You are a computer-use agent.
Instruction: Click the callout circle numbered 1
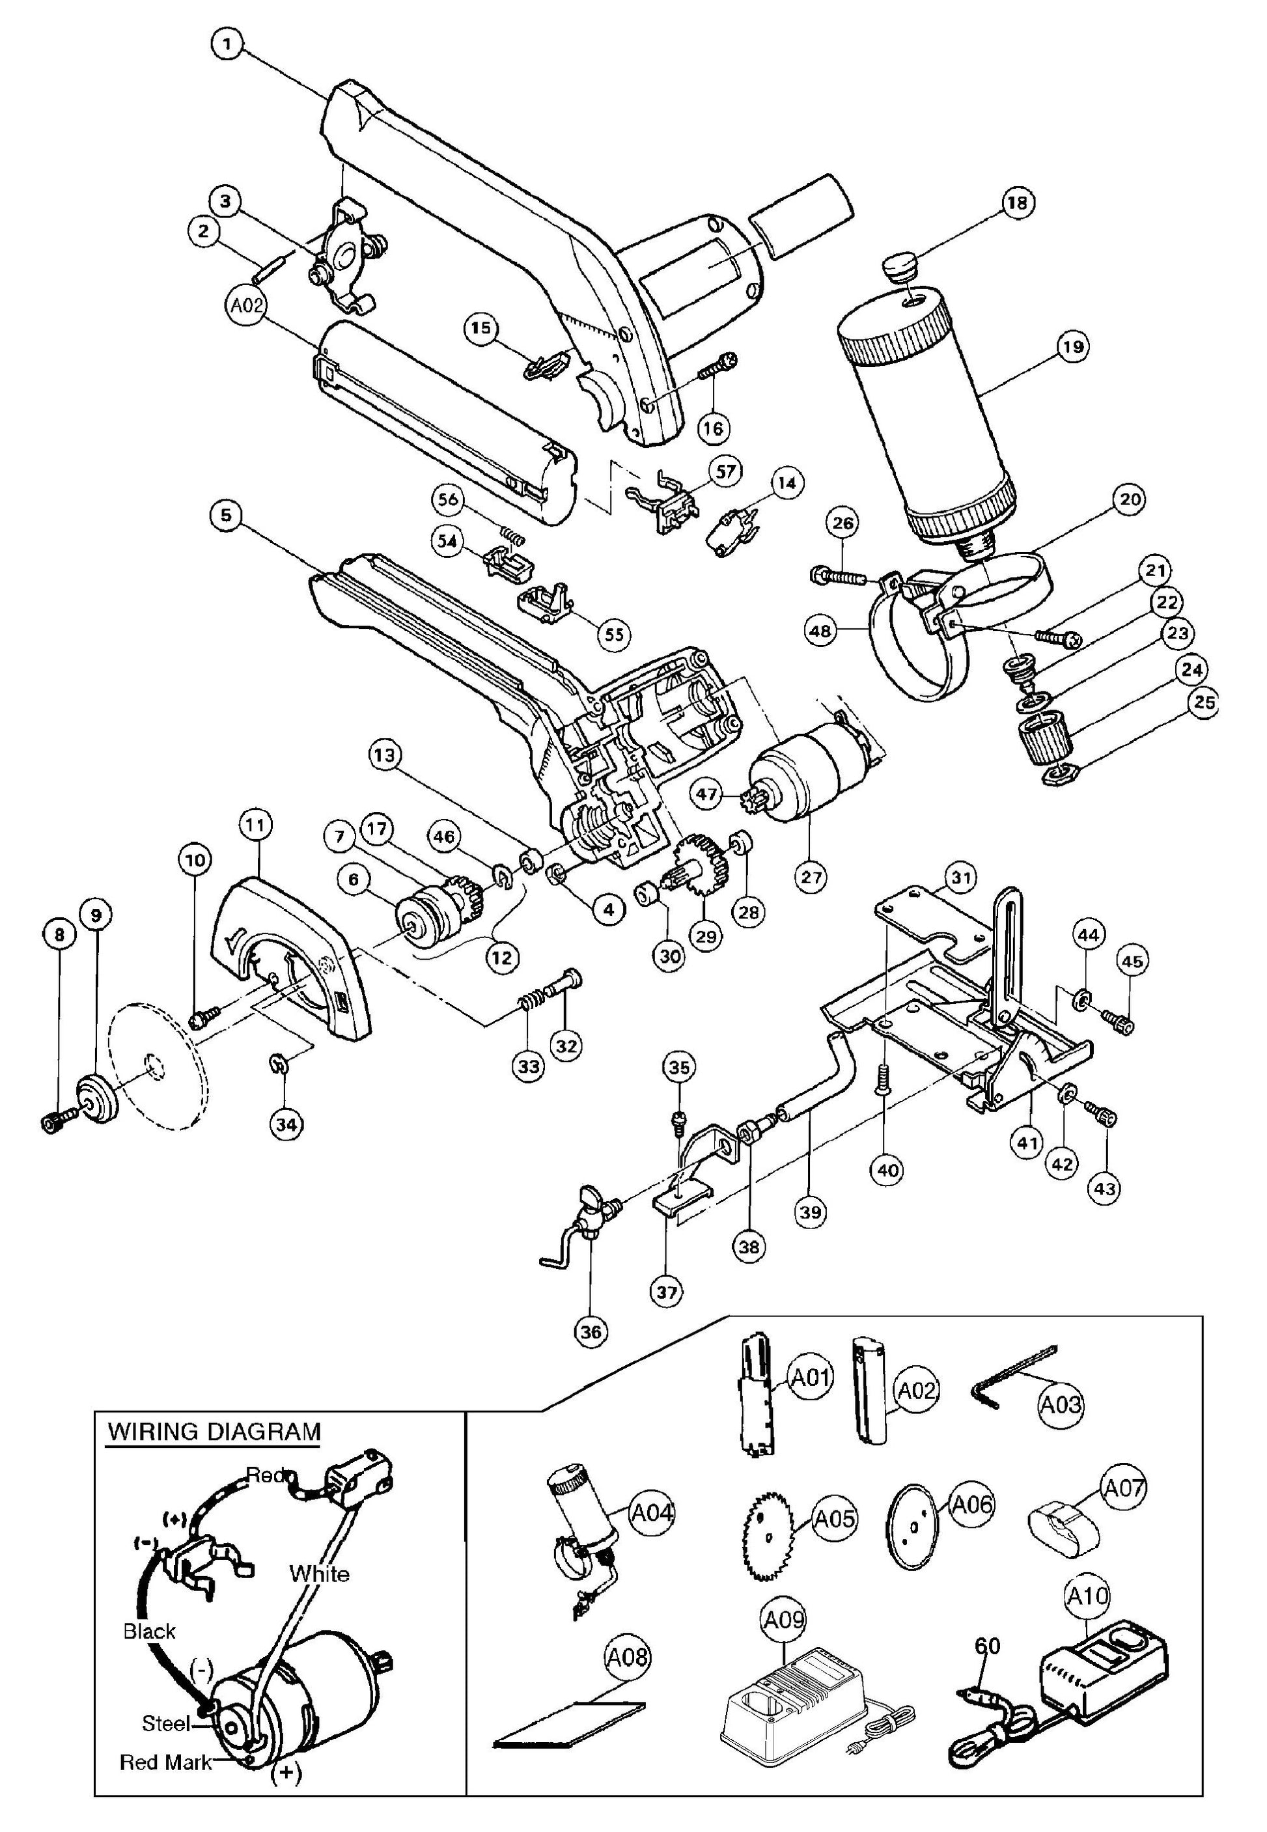tap(228, 44)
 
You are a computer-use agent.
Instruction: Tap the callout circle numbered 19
tap(1076, 347)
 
